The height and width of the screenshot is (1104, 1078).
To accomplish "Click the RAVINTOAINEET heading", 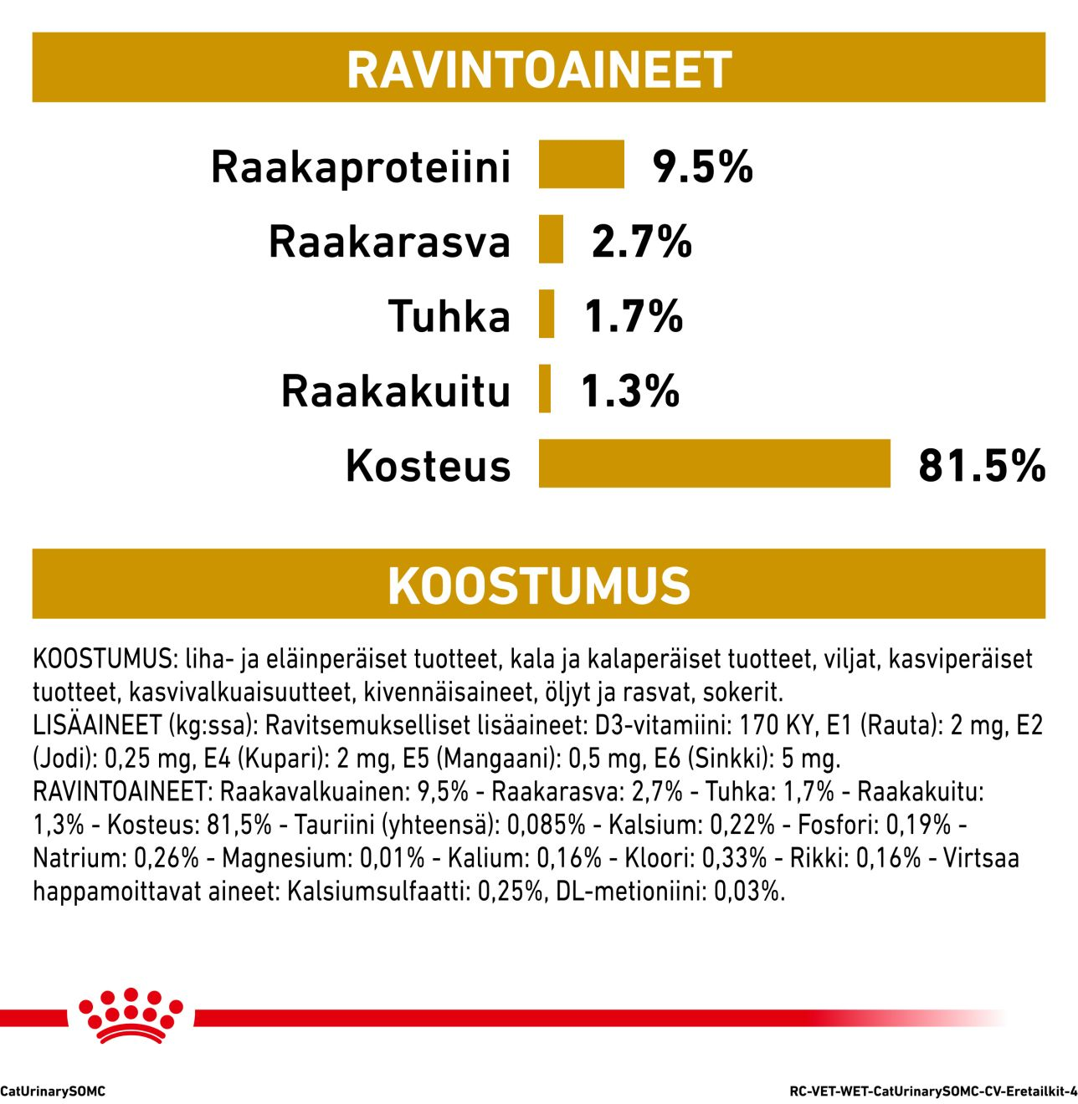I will pos(539,69).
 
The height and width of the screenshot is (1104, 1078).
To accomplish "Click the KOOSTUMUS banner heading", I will pos(539,585).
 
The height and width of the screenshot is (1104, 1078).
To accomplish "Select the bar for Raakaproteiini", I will pos(581,164).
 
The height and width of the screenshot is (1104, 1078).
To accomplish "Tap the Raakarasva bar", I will pos(551,239).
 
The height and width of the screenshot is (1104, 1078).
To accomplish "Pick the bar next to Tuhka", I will pos(547,314).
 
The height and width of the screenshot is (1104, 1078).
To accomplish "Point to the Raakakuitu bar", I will pos(545,388).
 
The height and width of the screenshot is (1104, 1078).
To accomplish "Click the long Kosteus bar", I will pos(714,463).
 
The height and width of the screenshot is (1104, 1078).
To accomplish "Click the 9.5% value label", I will pos(703,166).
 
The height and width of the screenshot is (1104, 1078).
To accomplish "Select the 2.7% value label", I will pos(642,242).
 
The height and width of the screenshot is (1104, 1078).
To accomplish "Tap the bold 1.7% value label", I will pos(634,316).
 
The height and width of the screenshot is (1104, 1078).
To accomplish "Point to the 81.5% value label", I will pos(981,465).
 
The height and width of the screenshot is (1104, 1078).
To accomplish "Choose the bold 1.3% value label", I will pos(630,391).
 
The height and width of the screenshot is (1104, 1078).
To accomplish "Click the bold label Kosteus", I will pos(428,466).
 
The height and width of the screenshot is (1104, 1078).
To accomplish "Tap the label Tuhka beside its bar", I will pos(449,317).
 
